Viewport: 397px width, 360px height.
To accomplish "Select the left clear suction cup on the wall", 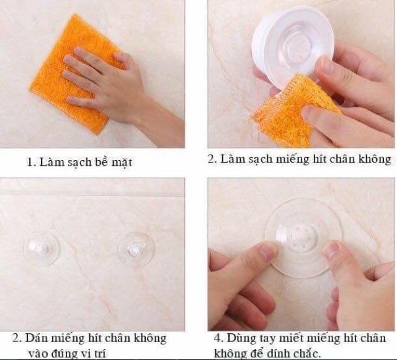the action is tap(42, 248).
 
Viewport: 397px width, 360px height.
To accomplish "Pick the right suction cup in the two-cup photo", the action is tap(136, 250).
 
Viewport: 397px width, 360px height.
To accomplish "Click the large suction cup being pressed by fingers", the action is tap(303, 238).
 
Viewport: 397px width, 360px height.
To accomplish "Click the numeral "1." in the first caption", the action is tap(32, 162).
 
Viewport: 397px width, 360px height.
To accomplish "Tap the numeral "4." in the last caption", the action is tap(219, 338).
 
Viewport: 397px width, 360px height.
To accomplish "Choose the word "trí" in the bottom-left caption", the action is tap(100, 353).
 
